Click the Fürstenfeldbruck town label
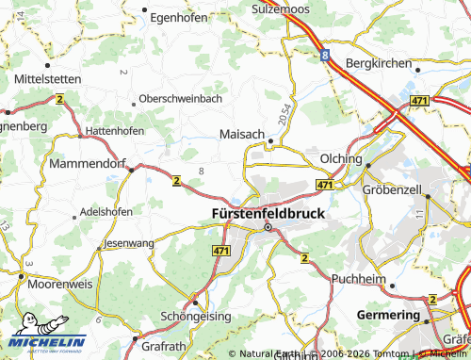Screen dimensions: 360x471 pos(268,213)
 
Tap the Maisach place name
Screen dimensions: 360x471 pos(242,134)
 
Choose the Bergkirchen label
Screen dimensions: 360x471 pos(380,64)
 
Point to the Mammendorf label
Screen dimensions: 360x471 pos(85,163)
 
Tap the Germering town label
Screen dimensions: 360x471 pos(388,314)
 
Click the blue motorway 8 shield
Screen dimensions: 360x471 pos(325,56)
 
